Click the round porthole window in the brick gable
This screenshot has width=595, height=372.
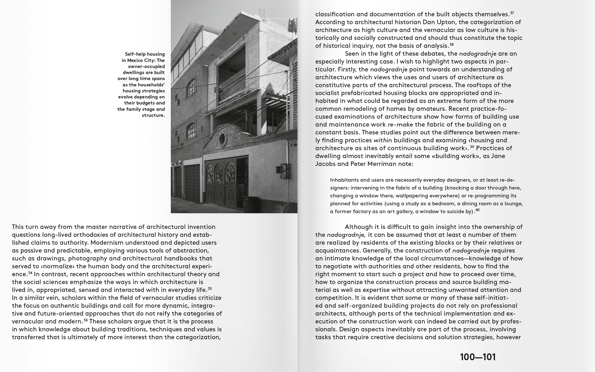222,139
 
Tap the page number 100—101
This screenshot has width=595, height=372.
478,357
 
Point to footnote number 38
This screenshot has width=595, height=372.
451,44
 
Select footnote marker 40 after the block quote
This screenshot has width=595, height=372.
477,210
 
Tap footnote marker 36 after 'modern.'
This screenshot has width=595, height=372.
86,320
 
